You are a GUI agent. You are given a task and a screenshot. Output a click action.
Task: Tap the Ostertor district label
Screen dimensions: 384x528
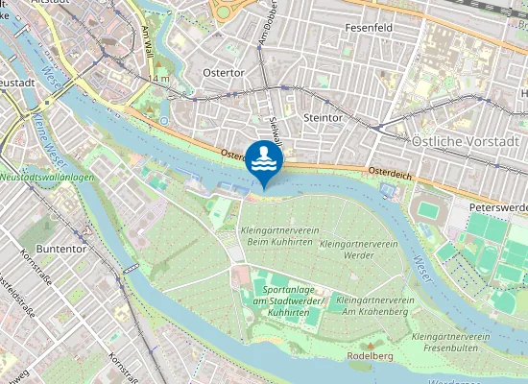(x=223, y=72)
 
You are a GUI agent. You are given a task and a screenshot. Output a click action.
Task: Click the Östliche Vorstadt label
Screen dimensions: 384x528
(x=465, y=141)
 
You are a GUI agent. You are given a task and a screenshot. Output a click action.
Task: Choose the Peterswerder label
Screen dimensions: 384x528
(x=498, y=207)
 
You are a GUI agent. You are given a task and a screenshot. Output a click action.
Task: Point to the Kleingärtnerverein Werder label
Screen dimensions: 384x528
(x=358, y=251)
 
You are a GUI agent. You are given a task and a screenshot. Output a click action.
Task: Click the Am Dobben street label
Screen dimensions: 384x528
(x=259, y=29)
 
